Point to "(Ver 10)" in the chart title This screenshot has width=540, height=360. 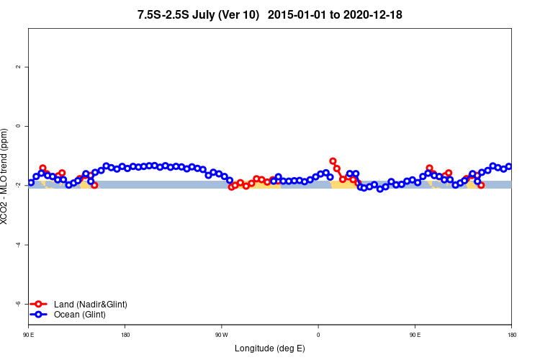coord(240,14)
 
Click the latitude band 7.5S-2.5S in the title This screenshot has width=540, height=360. coord(165,14)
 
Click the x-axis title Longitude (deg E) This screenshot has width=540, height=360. coord(270,348)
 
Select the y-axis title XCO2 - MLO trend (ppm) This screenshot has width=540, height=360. coord(6,176)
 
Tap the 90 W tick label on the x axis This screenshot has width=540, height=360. coord(221,335)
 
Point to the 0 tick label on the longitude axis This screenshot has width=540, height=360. coord(318,335)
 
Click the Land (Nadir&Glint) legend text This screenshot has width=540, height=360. coord(90,305)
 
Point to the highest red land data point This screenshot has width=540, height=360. coord(333,161)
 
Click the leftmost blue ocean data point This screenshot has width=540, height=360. coord(30,182)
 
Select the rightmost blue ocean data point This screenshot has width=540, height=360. coord(508,166)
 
